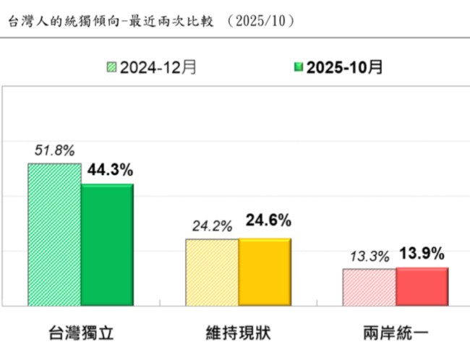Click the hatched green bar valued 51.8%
(54, 234)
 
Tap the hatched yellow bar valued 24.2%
(212, 272)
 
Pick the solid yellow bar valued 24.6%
(265, 272)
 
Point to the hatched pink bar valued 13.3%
(369, 287)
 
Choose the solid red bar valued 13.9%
(422, 286)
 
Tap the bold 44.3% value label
(110, 171)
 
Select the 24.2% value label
(212, 226)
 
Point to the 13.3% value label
(369, 257)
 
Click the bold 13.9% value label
(422, 254)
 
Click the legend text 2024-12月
(158, 68)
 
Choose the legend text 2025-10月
(344, 68)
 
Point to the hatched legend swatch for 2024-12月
(111, 68)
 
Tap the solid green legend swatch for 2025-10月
(296, 68)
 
